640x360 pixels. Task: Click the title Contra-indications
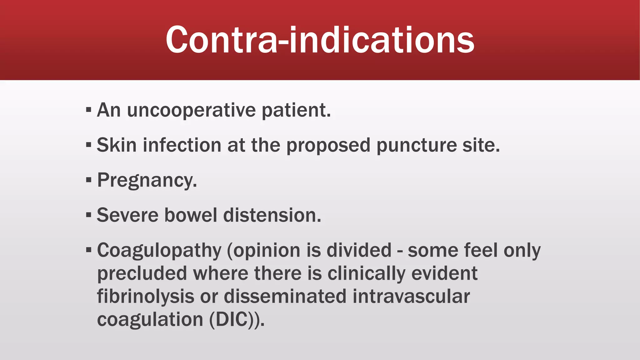(x=320, y=40)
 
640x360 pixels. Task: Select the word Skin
(x=117, y=145)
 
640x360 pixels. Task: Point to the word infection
(x=182, y=145)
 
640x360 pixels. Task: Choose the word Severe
(x=128, y=215)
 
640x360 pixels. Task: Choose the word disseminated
(x=285, y=297)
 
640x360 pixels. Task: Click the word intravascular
(x=411, y=297)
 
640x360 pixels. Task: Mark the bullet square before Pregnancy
(x=89, y=180)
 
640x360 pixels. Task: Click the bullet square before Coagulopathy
(x=89, y=250)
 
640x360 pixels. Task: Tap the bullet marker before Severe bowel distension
(x=89, y=215)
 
